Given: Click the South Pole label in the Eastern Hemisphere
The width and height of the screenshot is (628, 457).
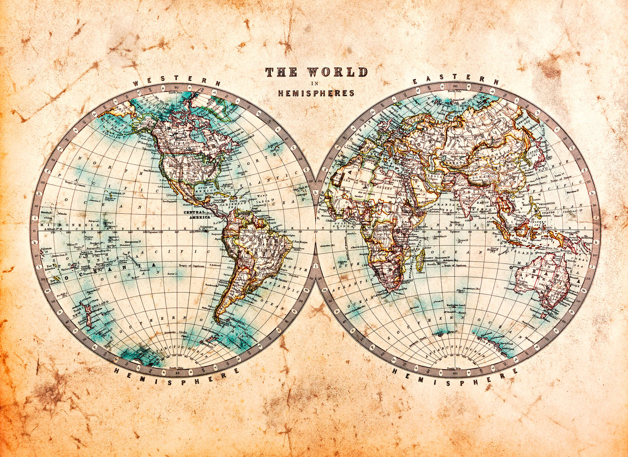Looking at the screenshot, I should tap(454, 368).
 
